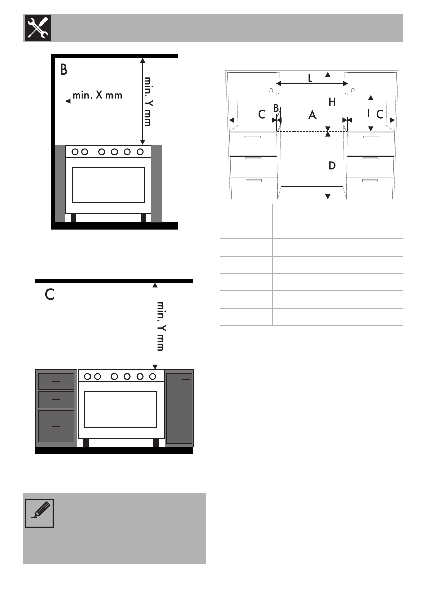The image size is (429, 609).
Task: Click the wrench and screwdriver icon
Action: pyautogui.click(x=38, y=28)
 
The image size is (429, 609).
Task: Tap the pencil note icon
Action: pyautogui.click(x=39, y=513)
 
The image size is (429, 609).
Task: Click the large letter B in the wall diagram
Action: pyautogui.click(x=64, y=70)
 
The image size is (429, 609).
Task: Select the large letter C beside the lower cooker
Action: pyautogui.click(x=49, y=295)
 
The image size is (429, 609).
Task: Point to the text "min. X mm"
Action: pyautogui.click(x=98, y=95)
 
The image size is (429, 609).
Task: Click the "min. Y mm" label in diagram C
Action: pyautogui.click(x=161, y=326)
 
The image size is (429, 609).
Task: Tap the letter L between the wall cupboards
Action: pyautogui.click(x=310, y=78)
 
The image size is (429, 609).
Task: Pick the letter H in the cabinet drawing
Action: pyautogui.click(x=332, y=102)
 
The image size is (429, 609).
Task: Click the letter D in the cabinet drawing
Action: pyautogui.click(x=332, y=166)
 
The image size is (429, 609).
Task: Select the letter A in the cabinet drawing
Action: pyautogui.click(x=312, y=115)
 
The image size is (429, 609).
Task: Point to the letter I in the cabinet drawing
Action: pyautogui.click(x=369, y=114)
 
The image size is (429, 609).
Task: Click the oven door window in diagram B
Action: pyautogui.click(x=108, y=185)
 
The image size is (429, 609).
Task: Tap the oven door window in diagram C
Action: pyautogui.click(x=121, y=410)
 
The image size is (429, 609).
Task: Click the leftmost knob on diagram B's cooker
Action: pyautogui.click(x=75, y=152)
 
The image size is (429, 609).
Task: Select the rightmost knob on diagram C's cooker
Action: pyautogui.click(x=152, y=376)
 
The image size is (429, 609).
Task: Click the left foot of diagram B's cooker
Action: pyautogui.click(x=74, y=218)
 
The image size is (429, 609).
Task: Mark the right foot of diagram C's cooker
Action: pyautogui.click(x=156, y=443)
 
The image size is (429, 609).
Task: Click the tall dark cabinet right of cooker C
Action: pyautogui.click(x=179, y=408)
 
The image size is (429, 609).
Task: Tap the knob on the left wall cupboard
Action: pyautogui.click(x=271, y=90)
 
